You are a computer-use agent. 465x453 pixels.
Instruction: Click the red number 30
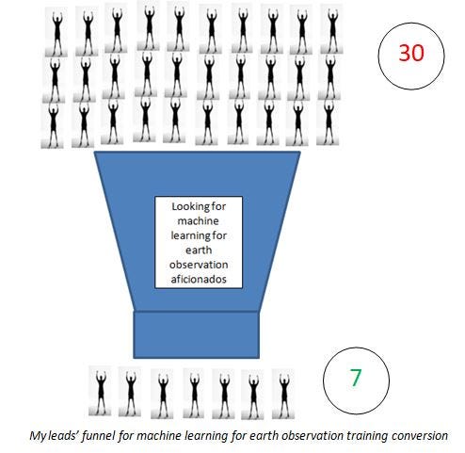tap(411, 53)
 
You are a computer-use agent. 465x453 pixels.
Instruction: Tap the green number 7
tap(356, 378)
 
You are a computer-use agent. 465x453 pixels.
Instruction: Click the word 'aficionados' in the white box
tap(199, 279)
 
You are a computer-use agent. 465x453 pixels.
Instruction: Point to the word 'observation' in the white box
tap(199, 265)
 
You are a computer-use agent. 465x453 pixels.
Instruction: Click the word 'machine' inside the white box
tap(198, 220)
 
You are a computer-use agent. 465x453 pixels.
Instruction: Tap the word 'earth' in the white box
tap(199, 250)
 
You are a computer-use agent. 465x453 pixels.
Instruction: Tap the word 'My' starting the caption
tap(38, 436)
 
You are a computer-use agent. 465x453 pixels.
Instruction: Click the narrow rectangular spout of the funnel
tap(197, 335)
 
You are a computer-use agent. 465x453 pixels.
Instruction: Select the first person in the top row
tap(56, 32)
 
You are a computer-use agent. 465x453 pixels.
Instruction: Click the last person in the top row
tap(331, 29)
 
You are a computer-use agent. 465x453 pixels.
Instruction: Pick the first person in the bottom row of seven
tap(100, 390)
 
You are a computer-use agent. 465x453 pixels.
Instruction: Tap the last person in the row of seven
tap(283, 394)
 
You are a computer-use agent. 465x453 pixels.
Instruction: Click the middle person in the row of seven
tap(194, 393)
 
